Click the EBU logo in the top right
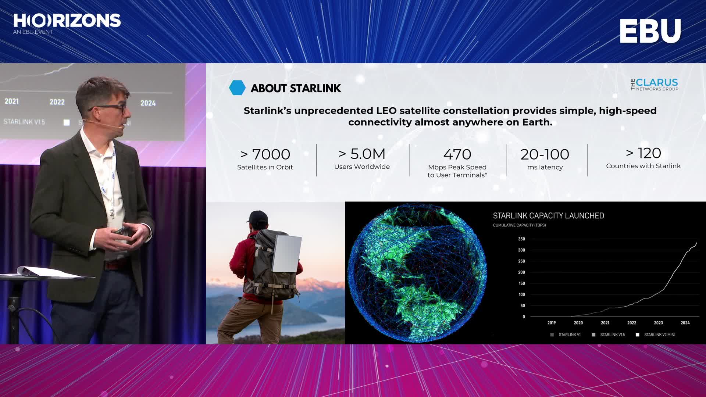[x=650, y=31]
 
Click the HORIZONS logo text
[x=67, y=21]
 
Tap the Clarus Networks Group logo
[x=654, y=85]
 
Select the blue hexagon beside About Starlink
[x=237, y=88]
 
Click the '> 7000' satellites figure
[x=265, y=154]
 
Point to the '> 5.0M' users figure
[x=362, y=154]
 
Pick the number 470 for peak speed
[x=457, y=154]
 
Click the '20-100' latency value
[x=545, y=154]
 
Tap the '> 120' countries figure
[x=643, y=153]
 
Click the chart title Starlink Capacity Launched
[x=548, y=216]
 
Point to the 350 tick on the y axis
[x=521, y=239]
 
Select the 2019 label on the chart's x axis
[x=552, y=323]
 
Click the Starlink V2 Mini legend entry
[x=656, y=335]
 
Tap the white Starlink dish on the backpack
[x=287, y=254]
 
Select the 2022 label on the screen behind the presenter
[x=57, y=102]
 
